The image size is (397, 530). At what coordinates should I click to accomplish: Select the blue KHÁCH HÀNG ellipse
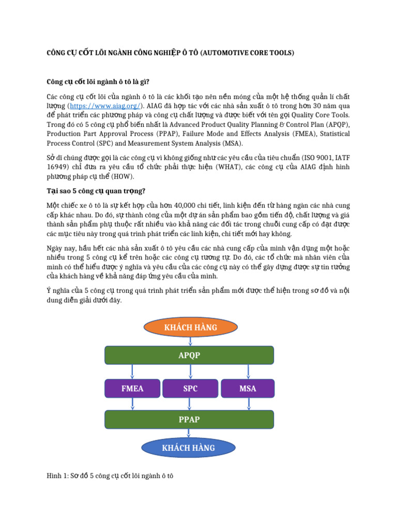(x=189, y=447)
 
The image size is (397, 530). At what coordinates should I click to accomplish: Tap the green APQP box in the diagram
(x=189, y=356)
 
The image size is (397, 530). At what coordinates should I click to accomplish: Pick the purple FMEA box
(x=132, y=389)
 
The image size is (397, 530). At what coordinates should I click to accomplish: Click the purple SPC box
(x=190, y=389)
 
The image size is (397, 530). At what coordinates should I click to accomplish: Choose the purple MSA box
(x=248, y=389)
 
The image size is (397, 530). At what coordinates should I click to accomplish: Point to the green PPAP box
(x=189, y=419)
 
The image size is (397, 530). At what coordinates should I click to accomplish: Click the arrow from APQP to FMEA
(x=132, y=372)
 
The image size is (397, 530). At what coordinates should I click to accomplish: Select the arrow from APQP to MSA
(x=248, y=372)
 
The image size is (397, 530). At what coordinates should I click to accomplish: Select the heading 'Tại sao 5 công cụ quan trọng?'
(x=96, y=191)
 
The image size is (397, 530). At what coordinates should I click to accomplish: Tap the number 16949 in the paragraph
(x=57, y=167)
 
